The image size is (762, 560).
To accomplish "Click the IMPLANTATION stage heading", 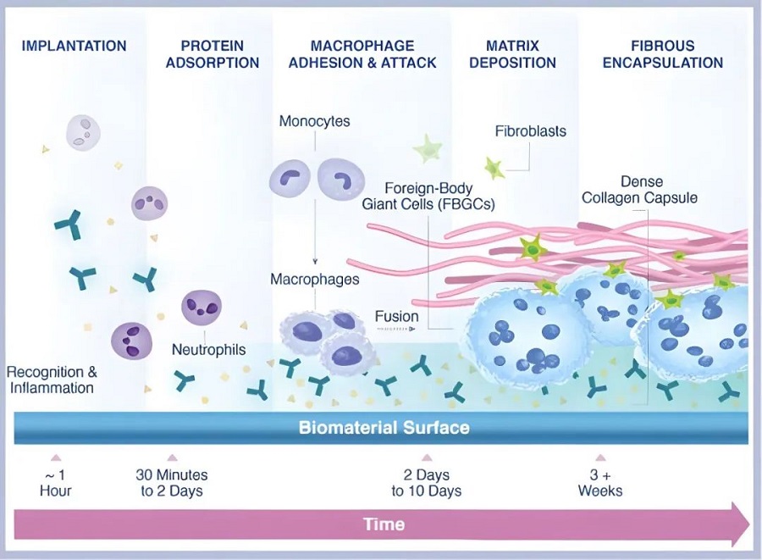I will point(74,46).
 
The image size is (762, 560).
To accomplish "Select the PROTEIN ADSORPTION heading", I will point(213,53).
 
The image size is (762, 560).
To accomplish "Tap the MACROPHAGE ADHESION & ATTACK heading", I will point(362,53).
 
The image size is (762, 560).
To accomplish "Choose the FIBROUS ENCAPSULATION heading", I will point(663,53).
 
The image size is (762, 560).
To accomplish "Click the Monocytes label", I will point(314,121).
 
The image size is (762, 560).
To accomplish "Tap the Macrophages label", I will point(315,279).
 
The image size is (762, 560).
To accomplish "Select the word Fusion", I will point(396,317).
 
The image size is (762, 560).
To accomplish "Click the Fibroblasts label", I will point(530,131).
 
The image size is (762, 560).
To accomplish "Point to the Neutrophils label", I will point(208,349).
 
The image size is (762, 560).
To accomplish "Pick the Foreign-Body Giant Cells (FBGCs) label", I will point(428,196).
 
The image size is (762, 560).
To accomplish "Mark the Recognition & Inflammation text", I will point(52,380).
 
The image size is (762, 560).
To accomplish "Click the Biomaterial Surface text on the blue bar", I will point(384,428).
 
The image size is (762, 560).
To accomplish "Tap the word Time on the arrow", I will point(384,524).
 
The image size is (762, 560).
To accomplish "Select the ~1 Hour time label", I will point(56,483).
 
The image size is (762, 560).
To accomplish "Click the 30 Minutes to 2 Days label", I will point(172,483).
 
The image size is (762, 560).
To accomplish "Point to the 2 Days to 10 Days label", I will point(427,483).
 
